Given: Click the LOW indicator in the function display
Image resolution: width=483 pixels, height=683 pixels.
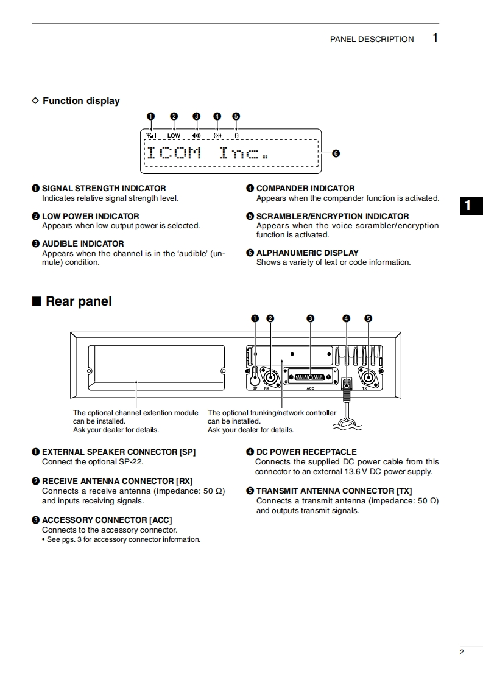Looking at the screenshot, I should pos(174,135).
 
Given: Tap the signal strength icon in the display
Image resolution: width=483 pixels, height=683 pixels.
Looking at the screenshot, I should pos(151,135).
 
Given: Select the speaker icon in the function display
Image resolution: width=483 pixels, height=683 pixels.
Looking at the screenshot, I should pos(196,135).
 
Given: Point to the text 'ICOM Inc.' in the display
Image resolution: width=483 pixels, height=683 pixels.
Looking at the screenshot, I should pos(207,152).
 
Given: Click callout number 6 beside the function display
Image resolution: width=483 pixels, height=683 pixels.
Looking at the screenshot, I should pos(336,153).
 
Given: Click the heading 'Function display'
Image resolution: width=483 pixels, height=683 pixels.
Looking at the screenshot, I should pos(81,101).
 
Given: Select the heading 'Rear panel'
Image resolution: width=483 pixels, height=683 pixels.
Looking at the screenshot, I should pos(79,301).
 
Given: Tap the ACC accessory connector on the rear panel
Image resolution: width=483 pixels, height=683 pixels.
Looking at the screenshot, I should pos(310,377).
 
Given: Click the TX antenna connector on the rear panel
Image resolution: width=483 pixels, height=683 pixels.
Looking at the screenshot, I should pos(368,376).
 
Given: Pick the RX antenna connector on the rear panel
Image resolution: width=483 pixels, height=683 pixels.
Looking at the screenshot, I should pos(270,376).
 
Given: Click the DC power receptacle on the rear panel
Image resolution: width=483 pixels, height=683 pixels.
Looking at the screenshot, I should pos(347,384).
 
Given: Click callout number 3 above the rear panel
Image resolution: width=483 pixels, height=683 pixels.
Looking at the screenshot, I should pos(310,318).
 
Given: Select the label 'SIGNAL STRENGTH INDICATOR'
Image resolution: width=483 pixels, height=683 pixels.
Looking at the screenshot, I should pos(104,189).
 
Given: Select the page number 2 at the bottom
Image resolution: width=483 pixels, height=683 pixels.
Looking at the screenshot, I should pos(462,653).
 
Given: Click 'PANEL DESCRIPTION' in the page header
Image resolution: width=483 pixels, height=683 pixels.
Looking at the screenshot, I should pos(372,39).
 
